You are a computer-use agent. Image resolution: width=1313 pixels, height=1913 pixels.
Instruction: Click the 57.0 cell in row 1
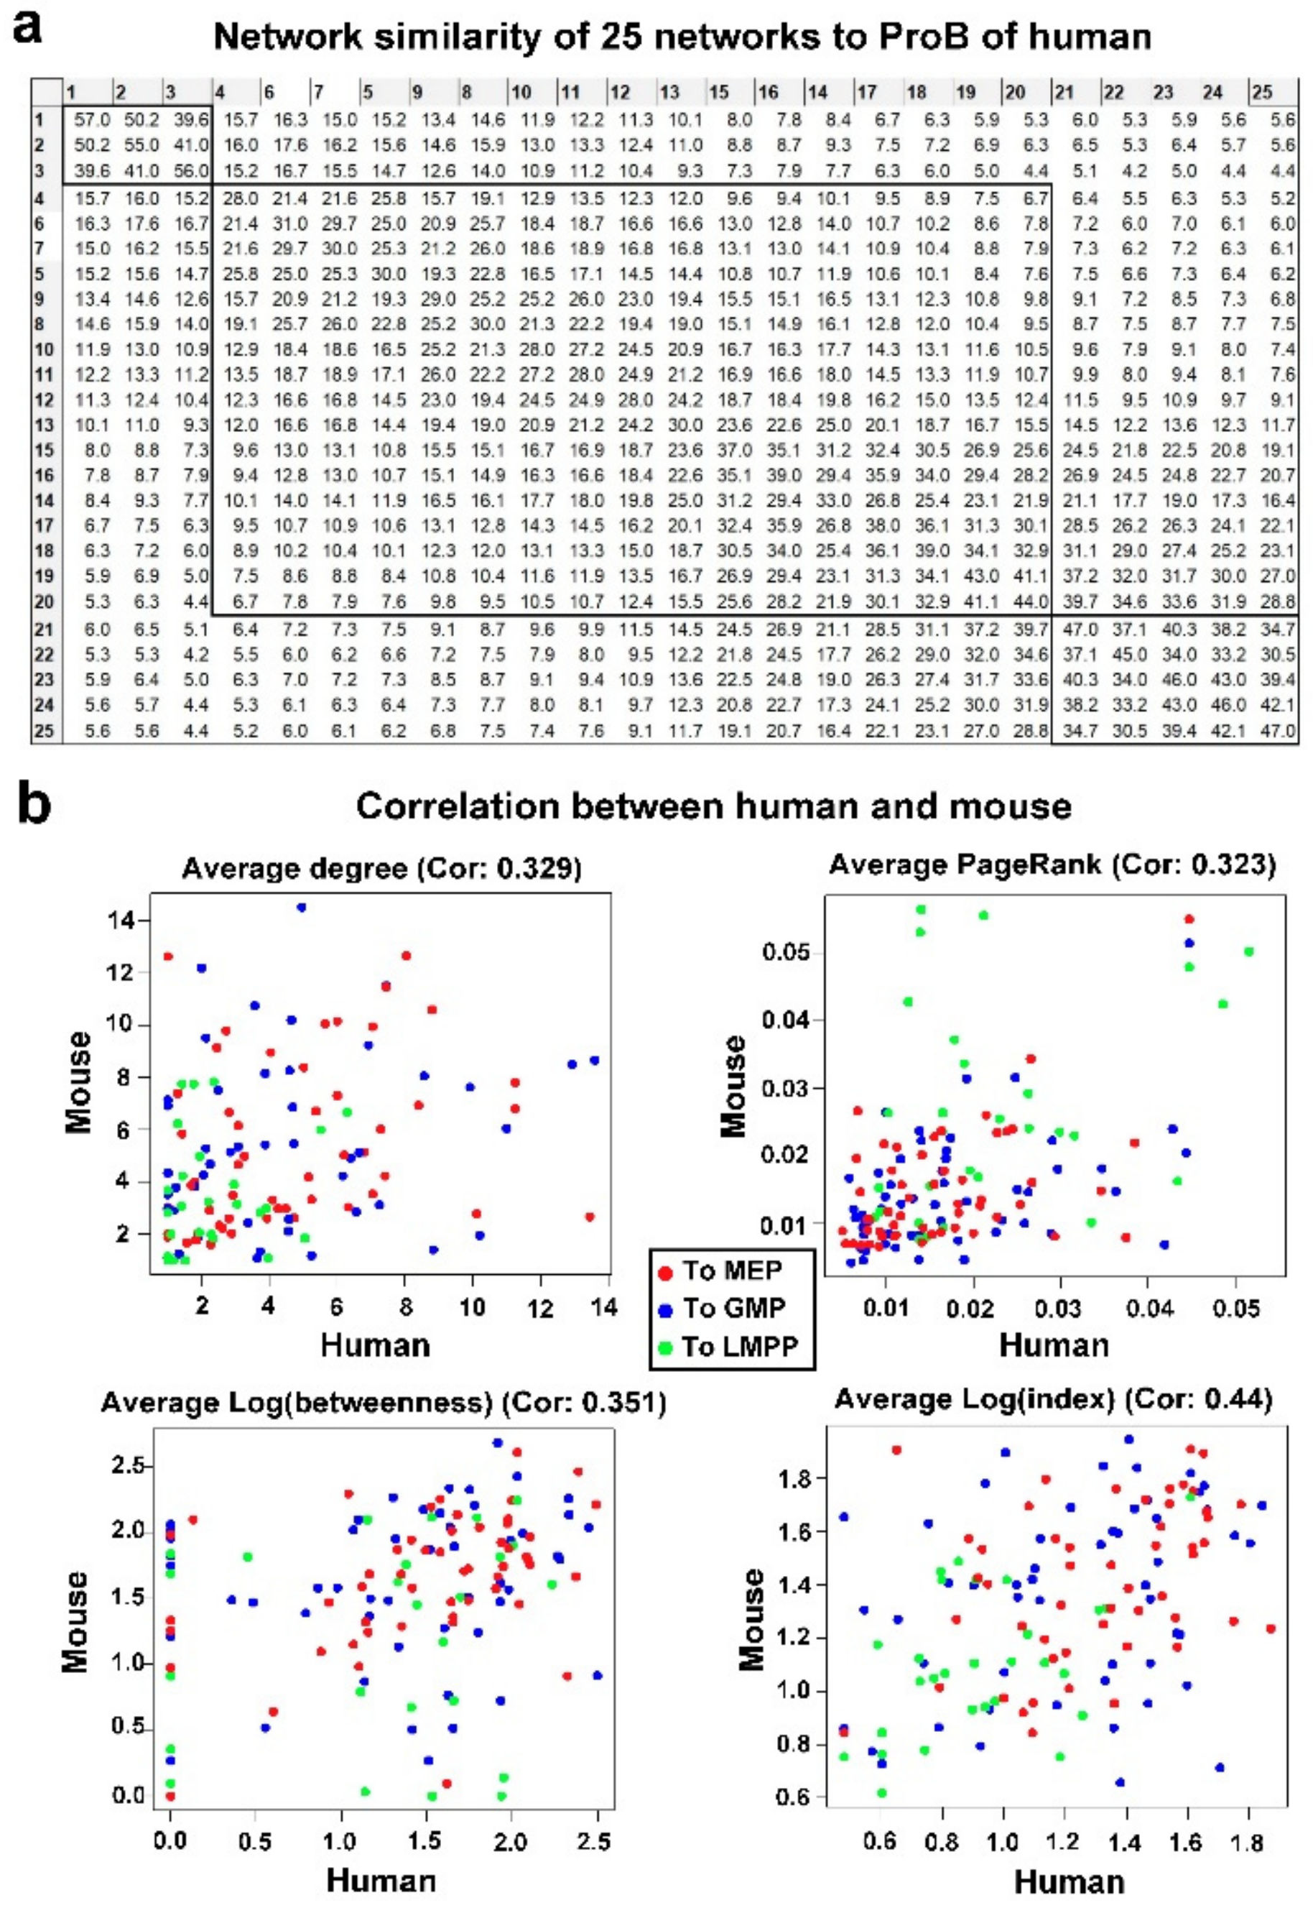[x=91, y=119]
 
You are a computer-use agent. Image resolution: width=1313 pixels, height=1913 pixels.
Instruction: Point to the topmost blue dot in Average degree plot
[x=302, y=907]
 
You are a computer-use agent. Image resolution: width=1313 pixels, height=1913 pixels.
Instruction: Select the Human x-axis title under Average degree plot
[x=375, y=1345]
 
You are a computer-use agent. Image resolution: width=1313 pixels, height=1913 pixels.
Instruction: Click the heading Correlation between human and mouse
[x=713, y=806]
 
